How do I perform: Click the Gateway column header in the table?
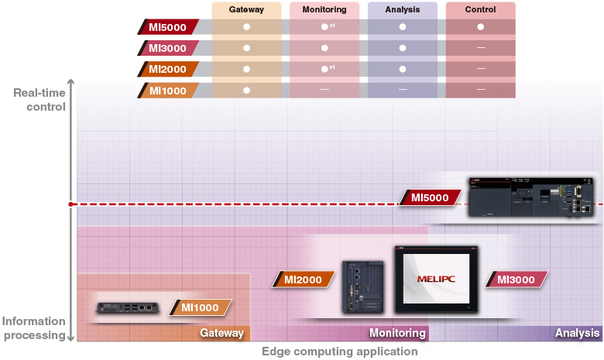click(x=246, y=10)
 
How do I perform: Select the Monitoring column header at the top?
click(x=324, y=10)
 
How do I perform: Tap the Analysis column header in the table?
click(x=402, y=10)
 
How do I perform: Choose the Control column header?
click(x=481, y=10)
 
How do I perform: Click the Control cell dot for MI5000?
click(x=481, y=27)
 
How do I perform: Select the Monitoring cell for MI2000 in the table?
click(x=324, y=69)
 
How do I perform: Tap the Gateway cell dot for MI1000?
click(x=246, y=90)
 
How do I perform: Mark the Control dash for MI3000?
click(x=481, y=48)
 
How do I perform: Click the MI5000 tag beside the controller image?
click(x=430, y=197)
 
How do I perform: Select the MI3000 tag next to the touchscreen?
click(x=516, y=279)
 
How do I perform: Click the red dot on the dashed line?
click(x=70, y=204)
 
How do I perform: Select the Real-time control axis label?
click(x=39, y=100)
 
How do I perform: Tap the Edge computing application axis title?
click(x=339, y=351)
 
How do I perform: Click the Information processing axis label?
click(x=33, y=328)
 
